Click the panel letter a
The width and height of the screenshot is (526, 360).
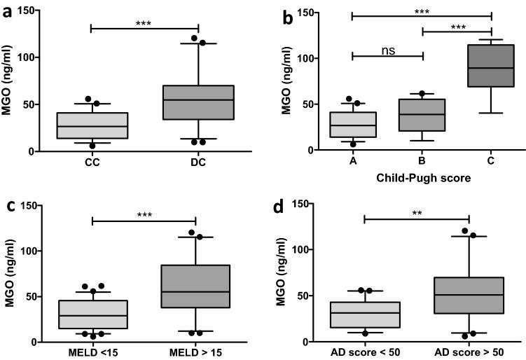click(8, 12)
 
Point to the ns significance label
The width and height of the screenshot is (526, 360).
click(387, 49)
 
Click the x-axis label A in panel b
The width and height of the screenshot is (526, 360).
click(353, 162)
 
